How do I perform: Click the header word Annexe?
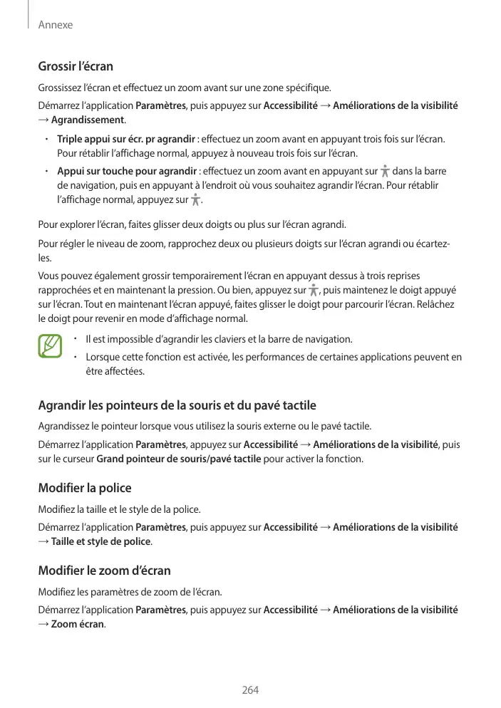click(x=56, y=25)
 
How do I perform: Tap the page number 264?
click(x=250, y=690)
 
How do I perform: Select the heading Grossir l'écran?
click(x=76, y=67)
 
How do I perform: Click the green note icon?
click(x=51, y=347)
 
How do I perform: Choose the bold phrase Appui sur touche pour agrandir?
click(x=127, y=172)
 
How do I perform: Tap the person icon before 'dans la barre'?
click(x=385, y=171)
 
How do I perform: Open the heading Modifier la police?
click(x=84, y=489)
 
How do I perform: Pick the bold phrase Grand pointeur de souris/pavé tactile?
click(x=178, y=459)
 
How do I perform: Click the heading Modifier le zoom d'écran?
click(x=104, y=571)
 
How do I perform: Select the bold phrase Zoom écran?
click(x=78, y=624)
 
